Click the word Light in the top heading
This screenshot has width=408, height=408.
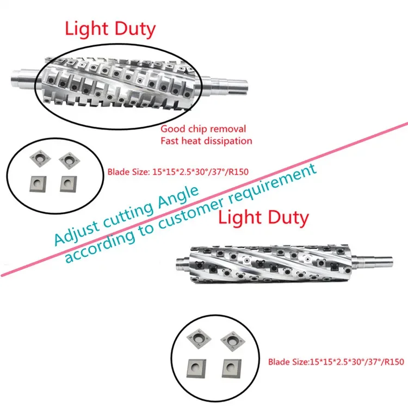click(86, 29)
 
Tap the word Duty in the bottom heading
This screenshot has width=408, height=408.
click(288, 218)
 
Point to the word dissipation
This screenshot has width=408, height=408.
click(228, 141)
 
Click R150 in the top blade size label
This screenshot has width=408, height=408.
click(239, 172)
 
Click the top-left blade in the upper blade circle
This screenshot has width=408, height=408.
click(40, 158)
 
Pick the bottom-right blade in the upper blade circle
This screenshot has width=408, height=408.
click(69, 184)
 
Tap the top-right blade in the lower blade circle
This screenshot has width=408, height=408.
click(233, 341)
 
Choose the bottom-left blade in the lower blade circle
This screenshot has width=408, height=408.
click(196, 368)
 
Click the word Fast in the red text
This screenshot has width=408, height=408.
click(170, 141)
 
